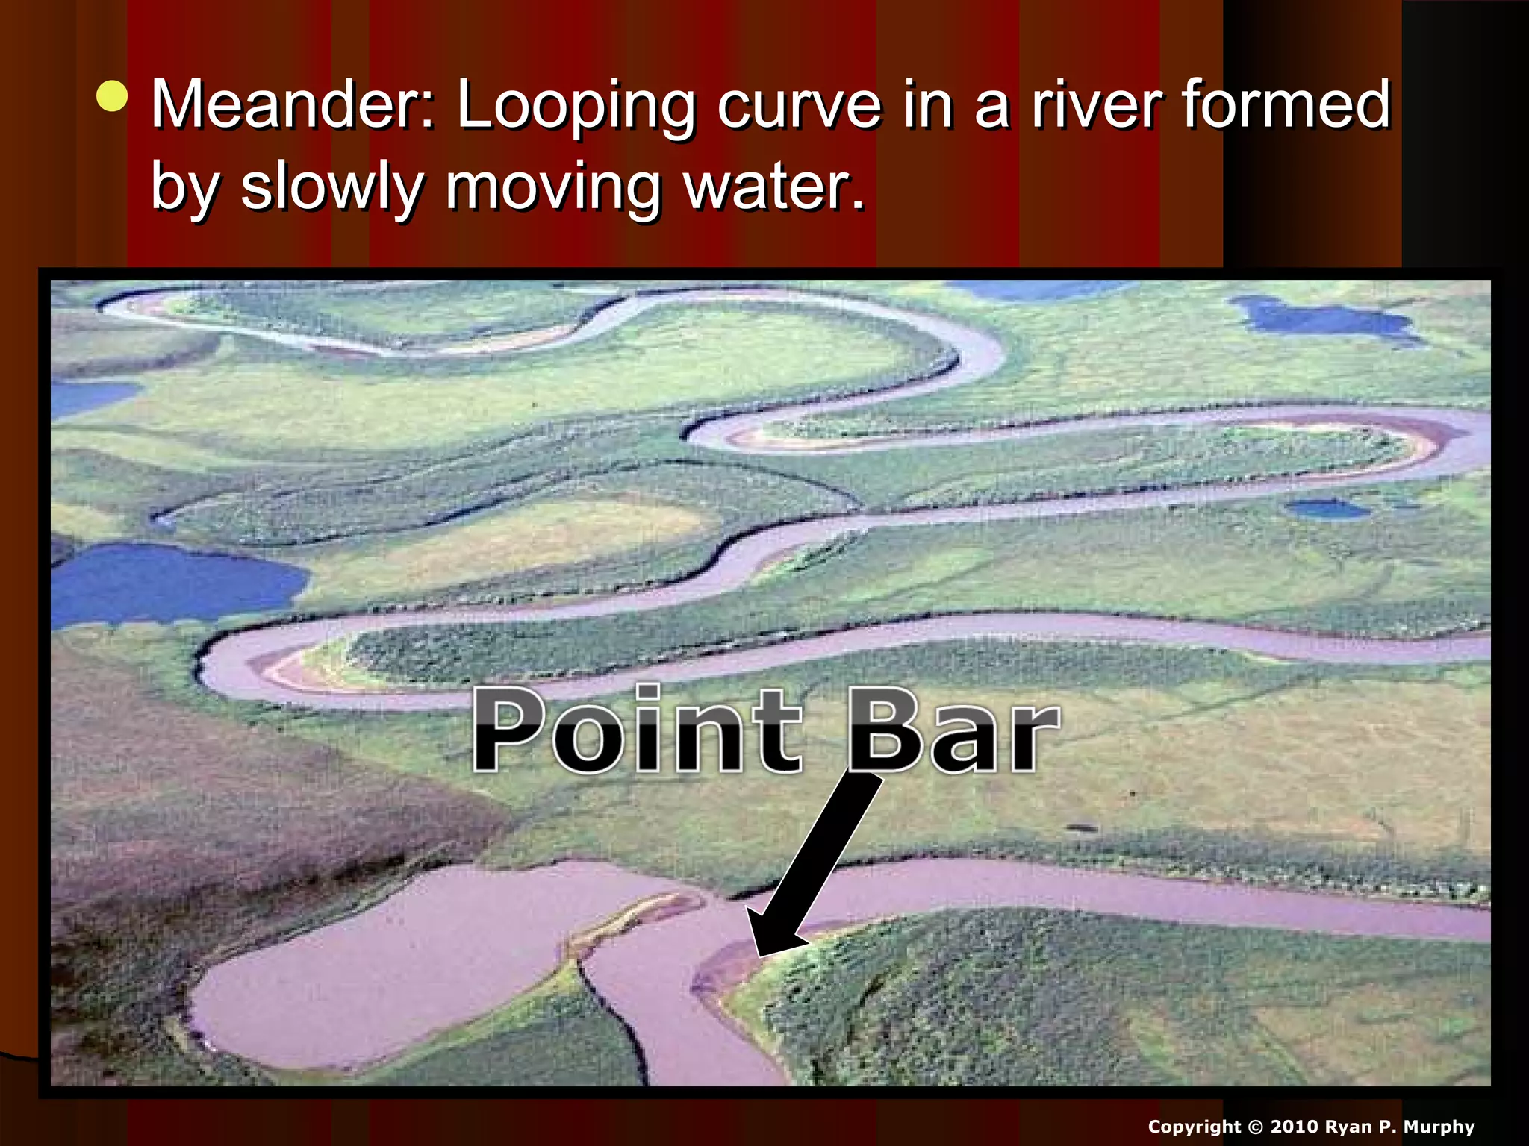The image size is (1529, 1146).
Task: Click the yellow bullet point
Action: click(x=112, y=96)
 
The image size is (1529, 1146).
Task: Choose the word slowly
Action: click(x=331, y=188)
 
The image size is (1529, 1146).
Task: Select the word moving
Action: click(x=552, y=188)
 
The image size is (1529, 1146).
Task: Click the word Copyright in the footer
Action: click(x=1194, y=1127)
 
